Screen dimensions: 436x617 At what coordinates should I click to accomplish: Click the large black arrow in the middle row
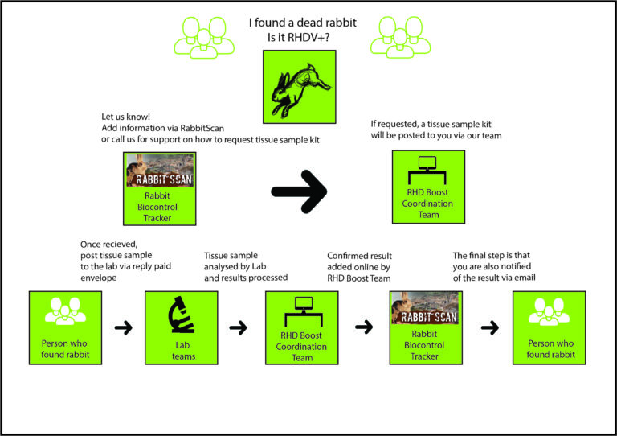(x=299, y=190)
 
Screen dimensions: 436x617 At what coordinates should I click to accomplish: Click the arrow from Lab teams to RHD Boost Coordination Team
(x=239, y=328)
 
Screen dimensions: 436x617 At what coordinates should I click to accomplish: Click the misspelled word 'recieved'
(x=121, y=245)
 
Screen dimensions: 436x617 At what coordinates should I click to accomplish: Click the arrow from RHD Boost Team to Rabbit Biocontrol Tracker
(x=364, y=328)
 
